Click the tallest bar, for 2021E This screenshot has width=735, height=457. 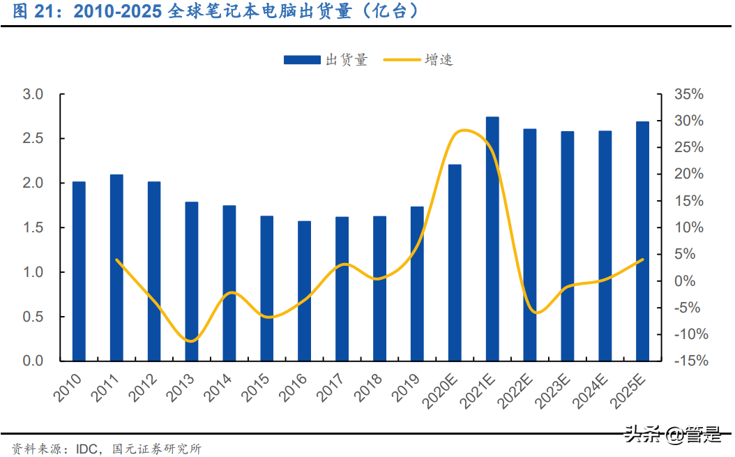(492, 239)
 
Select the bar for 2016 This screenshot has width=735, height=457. (304, 291)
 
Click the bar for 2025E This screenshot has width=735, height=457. (642, 241)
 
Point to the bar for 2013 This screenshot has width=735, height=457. (191, 281)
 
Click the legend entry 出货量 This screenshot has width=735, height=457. (326, 60)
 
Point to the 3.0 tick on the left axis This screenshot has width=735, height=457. (33, 94)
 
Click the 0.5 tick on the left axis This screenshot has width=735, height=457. (33, 317)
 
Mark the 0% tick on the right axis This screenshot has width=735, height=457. (690, 281)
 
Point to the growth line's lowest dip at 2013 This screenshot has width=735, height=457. (190, 341)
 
